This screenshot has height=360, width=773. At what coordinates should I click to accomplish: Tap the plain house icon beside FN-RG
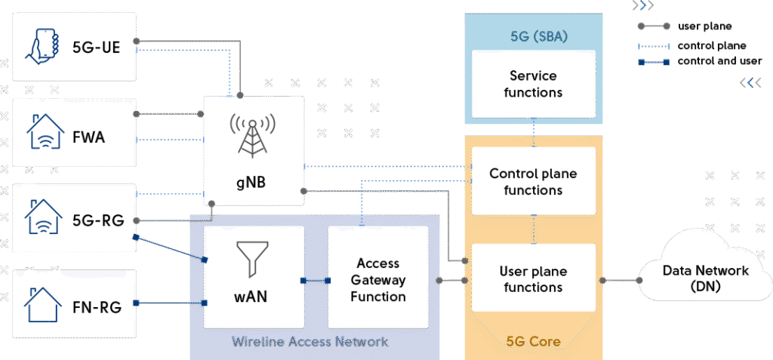click(43, 304)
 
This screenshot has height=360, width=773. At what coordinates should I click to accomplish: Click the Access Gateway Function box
click(377, 280)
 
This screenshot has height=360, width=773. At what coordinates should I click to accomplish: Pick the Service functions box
click(533, 84)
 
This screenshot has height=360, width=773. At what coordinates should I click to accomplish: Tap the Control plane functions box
click(533, 182)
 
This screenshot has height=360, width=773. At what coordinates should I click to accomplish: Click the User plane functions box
click(533, 279)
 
